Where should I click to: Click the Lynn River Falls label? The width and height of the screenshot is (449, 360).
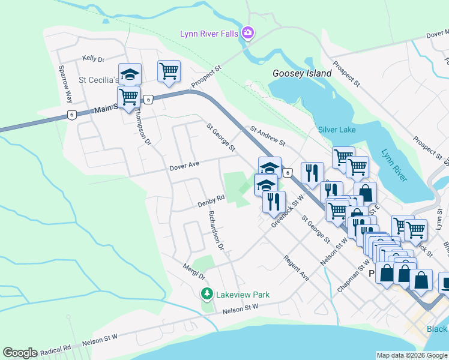[209, 34]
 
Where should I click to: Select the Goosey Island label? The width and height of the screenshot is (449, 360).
[302, 73]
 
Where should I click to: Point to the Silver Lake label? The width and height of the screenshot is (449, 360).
[337, 130]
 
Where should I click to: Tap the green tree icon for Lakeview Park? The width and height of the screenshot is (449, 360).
[206, 294]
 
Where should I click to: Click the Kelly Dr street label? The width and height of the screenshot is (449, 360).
[94, 59]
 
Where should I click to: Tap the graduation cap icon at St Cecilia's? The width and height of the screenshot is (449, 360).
[130, 74]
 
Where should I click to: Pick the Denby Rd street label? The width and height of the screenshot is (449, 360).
[211, 201]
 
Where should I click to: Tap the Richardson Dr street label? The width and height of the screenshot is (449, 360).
[215, 230]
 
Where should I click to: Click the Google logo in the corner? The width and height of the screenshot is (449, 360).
[20, 353]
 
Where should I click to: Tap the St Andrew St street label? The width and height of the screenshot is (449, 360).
[267, 134]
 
